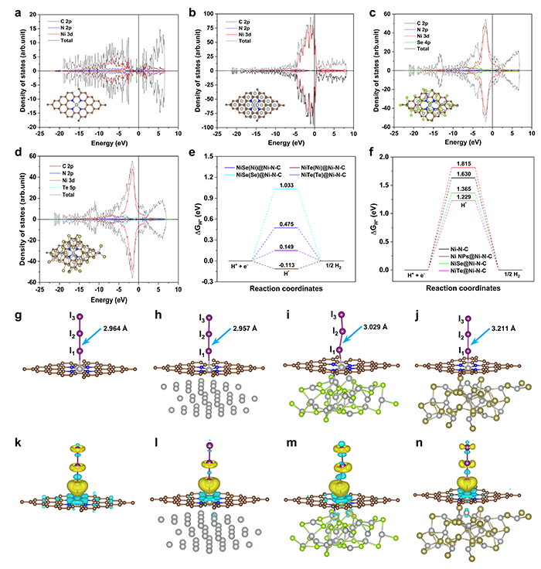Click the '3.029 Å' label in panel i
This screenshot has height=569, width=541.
(376, 327)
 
